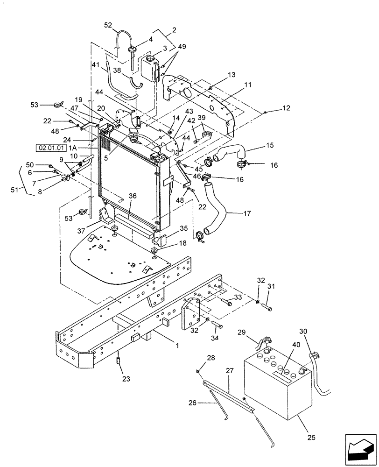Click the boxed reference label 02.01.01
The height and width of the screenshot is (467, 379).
tap(49, 148)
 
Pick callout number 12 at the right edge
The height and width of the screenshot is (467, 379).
tap(286, 108)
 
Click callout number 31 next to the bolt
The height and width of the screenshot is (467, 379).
tap(271, 287)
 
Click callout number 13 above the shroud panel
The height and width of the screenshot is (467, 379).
tap(232, 75)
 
